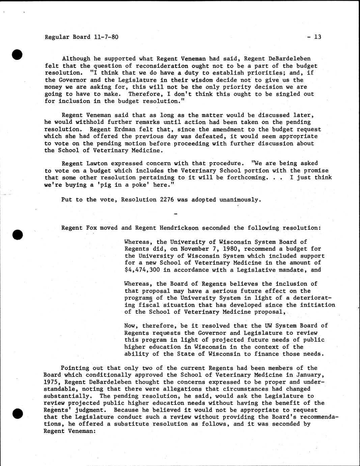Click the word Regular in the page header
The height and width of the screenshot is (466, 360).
(55, 36)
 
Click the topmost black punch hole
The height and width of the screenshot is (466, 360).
(17, 54)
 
